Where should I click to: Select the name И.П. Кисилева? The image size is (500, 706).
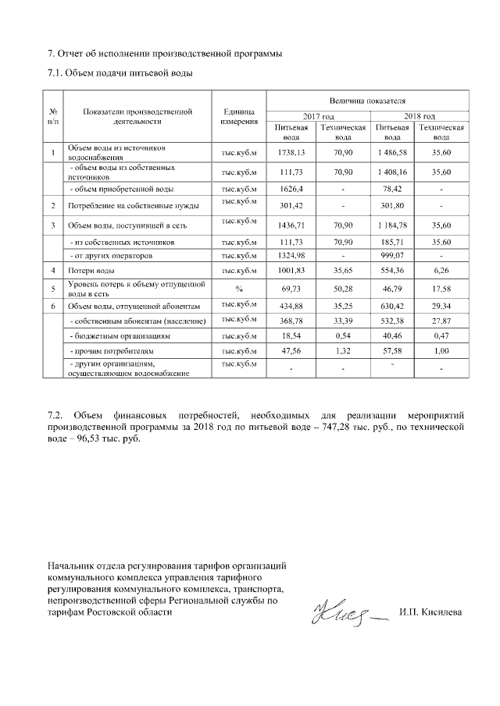[430, 612]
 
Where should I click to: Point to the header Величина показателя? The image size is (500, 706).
[368, 101]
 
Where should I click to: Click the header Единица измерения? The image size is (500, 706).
[239, 117]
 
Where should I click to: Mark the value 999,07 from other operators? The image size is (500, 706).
[392, 255]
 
